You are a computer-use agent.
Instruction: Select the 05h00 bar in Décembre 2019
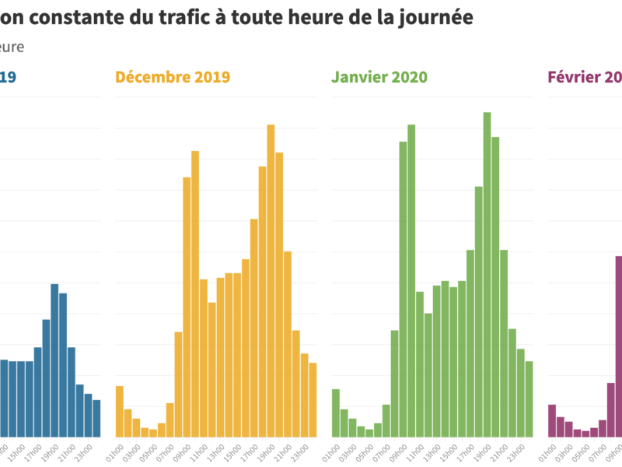click(x=153, y=433)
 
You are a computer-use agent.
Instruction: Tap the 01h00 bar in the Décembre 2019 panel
click(x=120, y=412)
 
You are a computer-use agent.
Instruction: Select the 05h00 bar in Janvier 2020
click(x=369, y=433)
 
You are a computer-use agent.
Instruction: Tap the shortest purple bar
click(x=585, y=434)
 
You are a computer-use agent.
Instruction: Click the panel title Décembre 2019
click(x=172, y=77)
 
